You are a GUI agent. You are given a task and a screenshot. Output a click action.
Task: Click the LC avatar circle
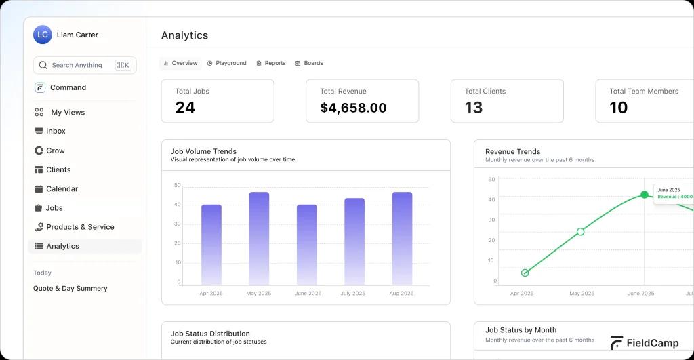coord(43,35)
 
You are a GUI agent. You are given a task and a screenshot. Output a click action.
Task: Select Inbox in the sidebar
coord(56,131)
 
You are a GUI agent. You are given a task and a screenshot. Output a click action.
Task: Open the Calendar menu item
coord(62,189)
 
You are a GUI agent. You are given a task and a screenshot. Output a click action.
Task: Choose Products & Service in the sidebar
coord(80,227)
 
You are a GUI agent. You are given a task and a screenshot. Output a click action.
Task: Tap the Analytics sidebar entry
coord(62,246)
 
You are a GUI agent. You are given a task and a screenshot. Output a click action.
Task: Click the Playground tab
coord(230,63)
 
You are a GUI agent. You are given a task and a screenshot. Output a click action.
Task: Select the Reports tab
coord(274,63)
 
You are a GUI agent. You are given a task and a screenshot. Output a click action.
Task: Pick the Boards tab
coord(313,63)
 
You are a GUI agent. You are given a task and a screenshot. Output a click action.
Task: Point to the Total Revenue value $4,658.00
coord(353,108)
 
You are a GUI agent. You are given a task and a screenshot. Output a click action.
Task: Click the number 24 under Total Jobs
coord(185,108)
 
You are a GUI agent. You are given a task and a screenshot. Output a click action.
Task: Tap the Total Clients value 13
coord(474,108)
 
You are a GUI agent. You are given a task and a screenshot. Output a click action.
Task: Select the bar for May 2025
coord(259,238)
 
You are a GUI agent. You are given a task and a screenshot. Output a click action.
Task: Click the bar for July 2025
coord(354,241)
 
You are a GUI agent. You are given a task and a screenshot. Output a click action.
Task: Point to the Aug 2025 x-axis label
coord(402,294)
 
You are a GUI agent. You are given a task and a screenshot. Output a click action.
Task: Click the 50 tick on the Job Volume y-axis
coord(178,185)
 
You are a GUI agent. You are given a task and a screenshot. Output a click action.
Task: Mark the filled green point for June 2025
coord(645,195)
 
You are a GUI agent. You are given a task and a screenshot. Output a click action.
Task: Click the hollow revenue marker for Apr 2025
coord(525,273)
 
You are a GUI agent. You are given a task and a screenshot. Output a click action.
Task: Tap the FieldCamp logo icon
coord(616,343)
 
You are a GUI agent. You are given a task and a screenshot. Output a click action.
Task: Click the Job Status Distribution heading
coord(210,334)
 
